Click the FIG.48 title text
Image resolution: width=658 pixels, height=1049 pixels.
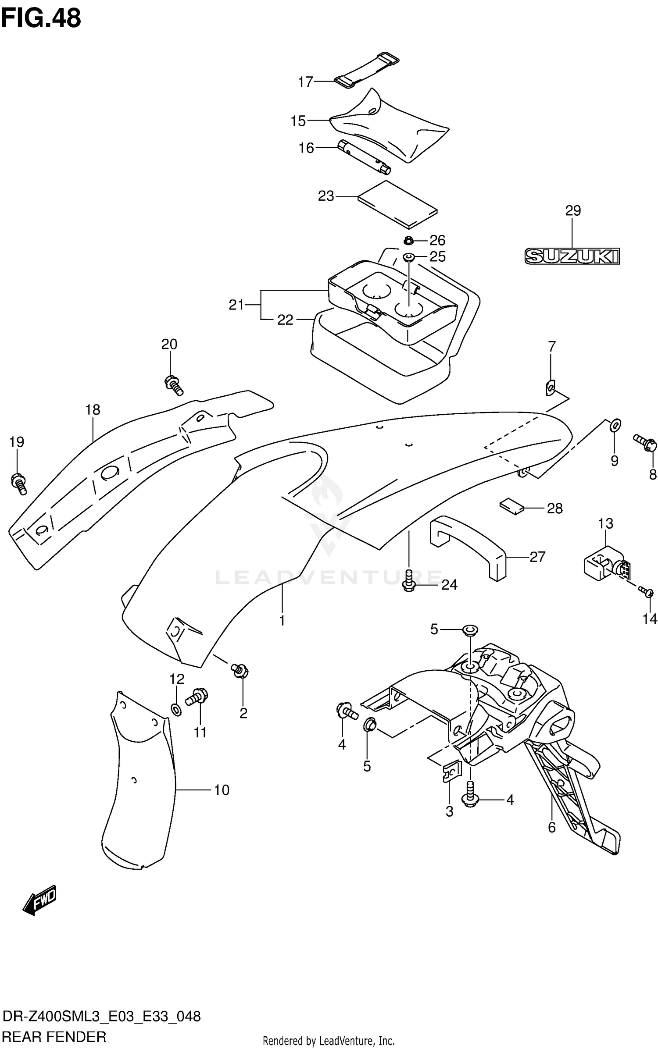[41, 18]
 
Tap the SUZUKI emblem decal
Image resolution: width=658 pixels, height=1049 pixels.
[572, 256]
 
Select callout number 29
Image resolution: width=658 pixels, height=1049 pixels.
[572, 211]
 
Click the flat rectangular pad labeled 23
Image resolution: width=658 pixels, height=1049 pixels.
[398, 205]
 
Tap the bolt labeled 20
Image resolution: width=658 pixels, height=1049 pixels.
[173, 385]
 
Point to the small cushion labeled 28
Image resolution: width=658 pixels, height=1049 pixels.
[511, 505]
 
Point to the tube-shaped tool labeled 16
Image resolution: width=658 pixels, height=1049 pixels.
[364, 157]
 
